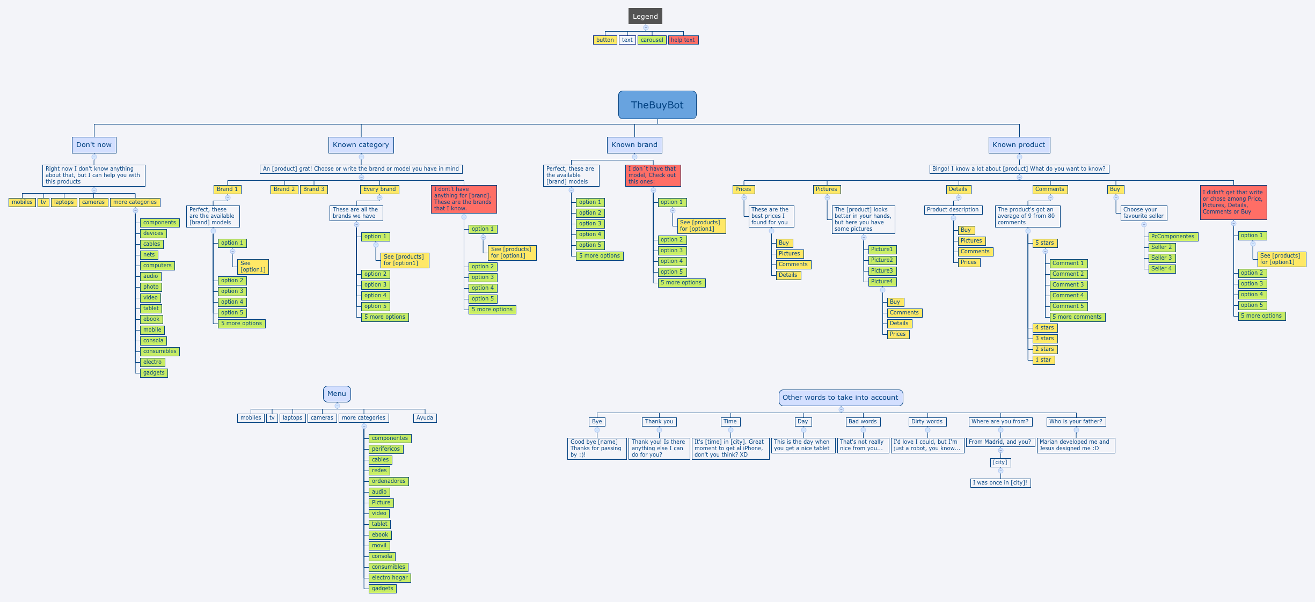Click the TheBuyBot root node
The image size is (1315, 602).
click(x=657, y=105)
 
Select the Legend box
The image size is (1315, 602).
click(x=645, y=17)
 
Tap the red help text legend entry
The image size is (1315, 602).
click(x=683, y=40)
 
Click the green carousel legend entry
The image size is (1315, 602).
click(x=652, y=40)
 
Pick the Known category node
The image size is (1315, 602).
click(x=361, y=145)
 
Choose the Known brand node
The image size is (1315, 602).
click(x=634, y=145)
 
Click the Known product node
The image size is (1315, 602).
click(x=1019, y=145)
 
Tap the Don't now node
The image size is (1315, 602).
click(x=94, y=145)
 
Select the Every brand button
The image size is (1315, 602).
click(x=379, y=189)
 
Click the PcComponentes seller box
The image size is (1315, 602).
click(x=1173, y=237)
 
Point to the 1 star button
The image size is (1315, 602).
click(x=1043, y=360)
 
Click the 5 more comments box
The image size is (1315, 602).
click(x=1077, y=317)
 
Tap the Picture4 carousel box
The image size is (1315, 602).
click(x=882, y=282)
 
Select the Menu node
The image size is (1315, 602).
click(x=337, y=394)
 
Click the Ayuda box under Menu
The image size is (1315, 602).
click(x=425, y=418)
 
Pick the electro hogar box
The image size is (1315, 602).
click(x=390, y=578)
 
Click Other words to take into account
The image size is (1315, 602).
click(x=840, y=398)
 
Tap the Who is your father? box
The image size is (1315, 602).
click(x=1076, y=422)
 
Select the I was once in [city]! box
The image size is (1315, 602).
click(x=1000, y=483)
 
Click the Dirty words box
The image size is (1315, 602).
click(x=926, y=422)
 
